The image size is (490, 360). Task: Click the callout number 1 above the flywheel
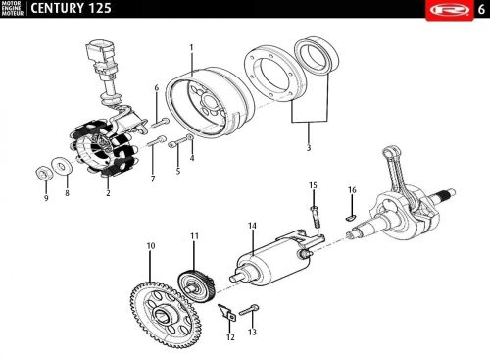pyautogui.click(x=191, y=48)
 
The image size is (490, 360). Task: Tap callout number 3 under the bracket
pyautogui.click(x=309, y=148)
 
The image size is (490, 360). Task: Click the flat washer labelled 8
pyautogui.click(x=61, y=166)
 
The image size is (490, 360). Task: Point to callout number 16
pyautogui.click(x=352, y=190)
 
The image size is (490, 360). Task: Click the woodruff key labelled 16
pyautogui.click(x=351, y=217)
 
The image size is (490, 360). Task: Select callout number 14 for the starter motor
pyautogui.click(x=252, y=226)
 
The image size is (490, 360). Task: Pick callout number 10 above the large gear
pyautogui.click(x=151, y=246)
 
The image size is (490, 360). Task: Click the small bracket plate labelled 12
pyautogui.click(x=227, y=312)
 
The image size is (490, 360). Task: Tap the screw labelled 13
pyautogui.click(x=249, y=310)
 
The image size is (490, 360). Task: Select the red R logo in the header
pyautogui.click(x=449, y=10)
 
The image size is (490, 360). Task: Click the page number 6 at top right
pyautogui.click(x=481, y=10)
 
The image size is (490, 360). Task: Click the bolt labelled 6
pyautogui.click(x=160, y=124)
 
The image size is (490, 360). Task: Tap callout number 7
pyautogui.click(x=153, y=179)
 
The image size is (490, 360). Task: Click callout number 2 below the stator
pyautogui.click(x=108, y=193)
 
